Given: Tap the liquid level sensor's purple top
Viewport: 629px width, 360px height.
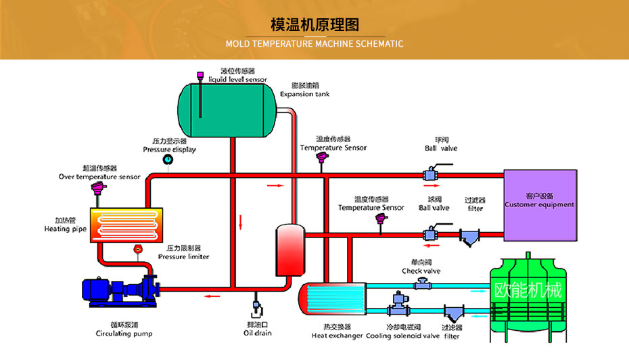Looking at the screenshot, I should tap(200, 75).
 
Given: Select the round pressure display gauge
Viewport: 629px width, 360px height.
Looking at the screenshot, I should tap(167, 159).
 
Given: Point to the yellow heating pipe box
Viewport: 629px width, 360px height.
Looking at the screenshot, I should tap(126, 224).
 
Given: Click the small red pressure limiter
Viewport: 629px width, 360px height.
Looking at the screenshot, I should tap(138, 249).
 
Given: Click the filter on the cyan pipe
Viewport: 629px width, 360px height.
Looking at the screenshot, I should tap(452, 314).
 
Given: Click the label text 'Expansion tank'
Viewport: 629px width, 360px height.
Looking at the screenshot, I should tap(304, 94).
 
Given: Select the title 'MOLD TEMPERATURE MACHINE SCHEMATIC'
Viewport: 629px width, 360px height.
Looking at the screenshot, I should tap(314, 44).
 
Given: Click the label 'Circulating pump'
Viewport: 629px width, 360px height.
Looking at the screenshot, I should tap(124, 334).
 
